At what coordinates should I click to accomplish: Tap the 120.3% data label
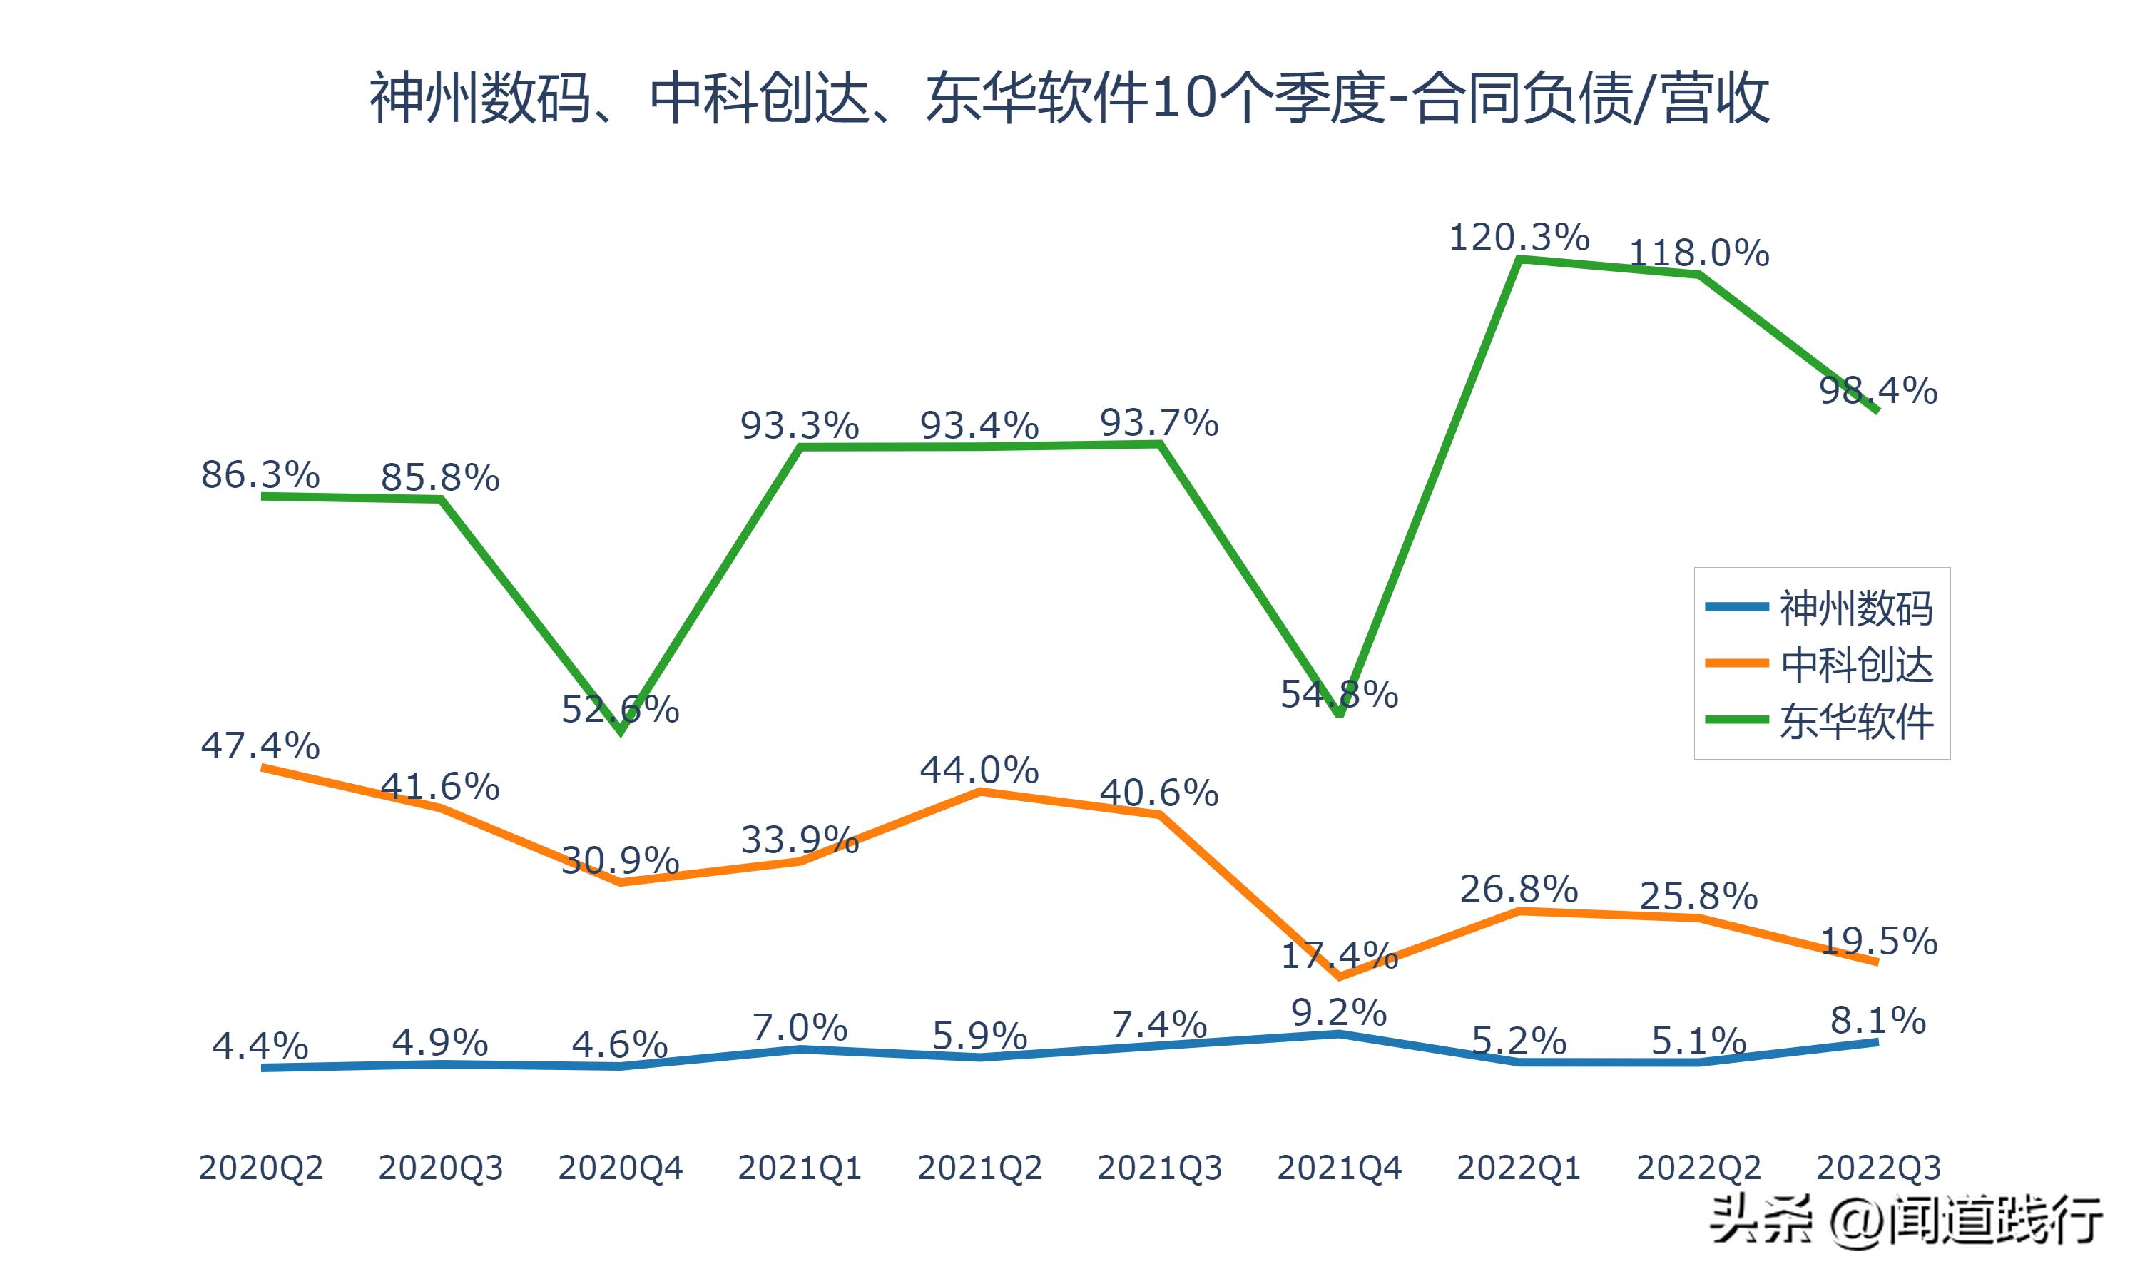pyautogui.click(x=1519, y=237)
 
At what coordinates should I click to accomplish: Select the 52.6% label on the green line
pyautogui.click(x=620, y=710)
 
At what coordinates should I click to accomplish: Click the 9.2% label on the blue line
pyautogui.click(x=1339, y=1012)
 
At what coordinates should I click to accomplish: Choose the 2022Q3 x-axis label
pyautogui.click(x=1878, y=1168)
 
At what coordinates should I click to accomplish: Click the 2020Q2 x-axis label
pyautogui.click(x=260, y=1168)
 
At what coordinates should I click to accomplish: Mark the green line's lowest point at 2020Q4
pyautogui.click(x=620, y=733)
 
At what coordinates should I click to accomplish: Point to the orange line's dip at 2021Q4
pyautogui.click(x=1339, y=977)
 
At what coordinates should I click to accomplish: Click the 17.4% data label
pyautogui.click(x=1339, y=955)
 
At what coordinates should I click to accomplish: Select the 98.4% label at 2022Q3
pyautogui.click(x=1878, y=390)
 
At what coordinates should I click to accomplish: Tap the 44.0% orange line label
pyautogui.click(x=979, y=769)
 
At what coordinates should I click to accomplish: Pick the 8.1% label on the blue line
pyautogui.click(x=1878, y=1021)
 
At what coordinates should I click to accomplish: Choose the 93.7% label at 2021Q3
pyautogui.click(x=1159, y=423)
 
